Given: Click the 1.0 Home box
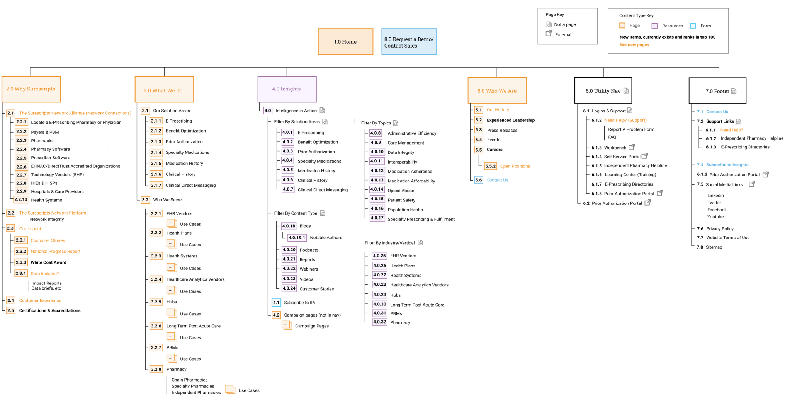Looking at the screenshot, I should click(x=345, y=42).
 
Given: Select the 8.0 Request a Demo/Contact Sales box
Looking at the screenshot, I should click(x=409, y=42).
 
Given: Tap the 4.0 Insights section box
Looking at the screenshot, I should click(x=287, y=89).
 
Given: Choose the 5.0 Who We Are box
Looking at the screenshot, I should click(x=497, y=91).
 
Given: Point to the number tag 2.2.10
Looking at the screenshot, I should click(x=21, y=200).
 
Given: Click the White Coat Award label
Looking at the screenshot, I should click(x=48, y=262).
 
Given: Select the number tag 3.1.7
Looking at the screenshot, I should click(x=156, y=186).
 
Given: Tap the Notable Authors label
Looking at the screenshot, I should click(x=326, y=238).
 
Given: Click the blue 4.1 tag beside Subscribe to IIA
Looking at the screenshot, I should click(x=276, y=303).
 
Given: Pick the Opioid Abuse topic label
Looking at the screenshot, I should click(x=401, y=191).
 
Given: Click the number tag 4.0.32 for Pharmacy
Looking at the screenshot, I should click(x=379, y=322).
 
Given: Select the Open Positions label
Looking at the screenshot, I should click(x=515, y=166).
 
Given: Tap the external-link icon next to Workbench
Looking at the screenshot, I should click(x=632, y=147).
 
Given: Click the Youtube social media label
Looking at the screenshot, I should click(x=715, y=217).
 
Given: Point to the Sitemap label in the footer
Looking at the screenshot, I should click(x=714, y=247).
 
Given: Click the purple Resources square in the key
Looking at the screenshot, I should click(x=654, y=26).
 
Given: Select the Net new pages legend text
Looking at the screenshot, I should click(x=634, y=45).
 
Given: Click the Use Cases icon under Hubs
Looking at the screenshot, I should click(x=171, y=313).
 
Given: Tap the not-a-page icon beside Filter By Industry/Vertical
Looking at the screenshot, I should click(x=420, y=243).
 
